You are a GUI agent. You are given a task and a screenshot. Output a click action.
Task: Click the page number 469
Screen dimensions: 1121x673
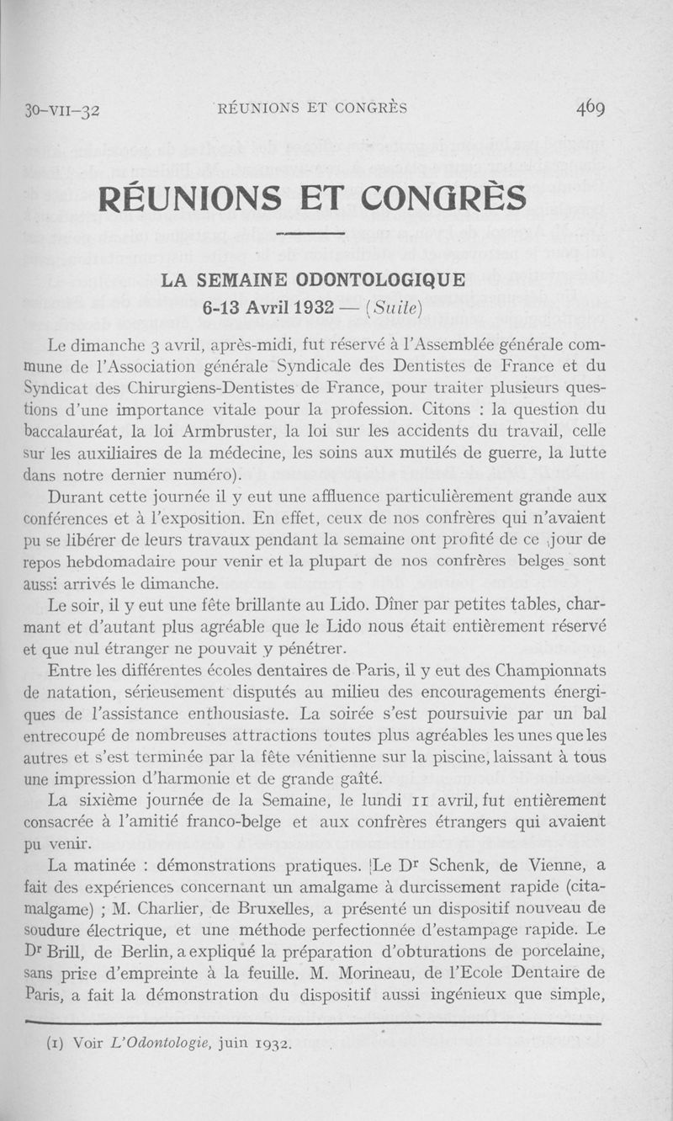pos(602,108)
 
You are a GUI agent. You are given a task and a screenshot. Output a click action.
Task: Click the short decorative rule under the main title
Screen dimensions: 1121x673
pos(311,233)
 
